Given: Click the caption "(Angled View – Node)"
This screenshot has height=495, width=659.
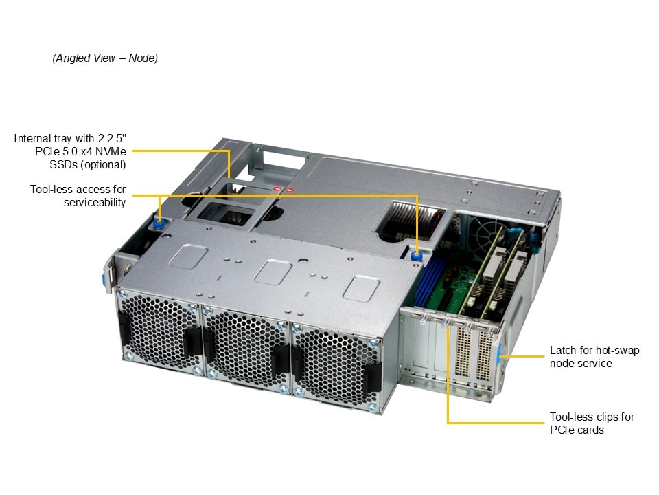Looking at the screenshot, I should click(x=105, y=58).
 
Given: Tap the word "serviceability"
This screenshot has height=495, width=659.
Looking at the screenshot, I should click(x=94, y=202).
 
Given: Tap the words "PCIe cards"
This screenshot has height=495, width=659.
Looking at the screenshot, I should click(x=577, y=430).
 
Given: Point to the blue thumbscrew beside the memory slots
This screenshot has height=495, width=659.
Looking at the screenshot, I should click(x=416, y=256).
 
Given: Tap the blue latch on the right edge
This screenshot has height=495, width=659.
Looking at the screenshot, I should click(x=500, y=355).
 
